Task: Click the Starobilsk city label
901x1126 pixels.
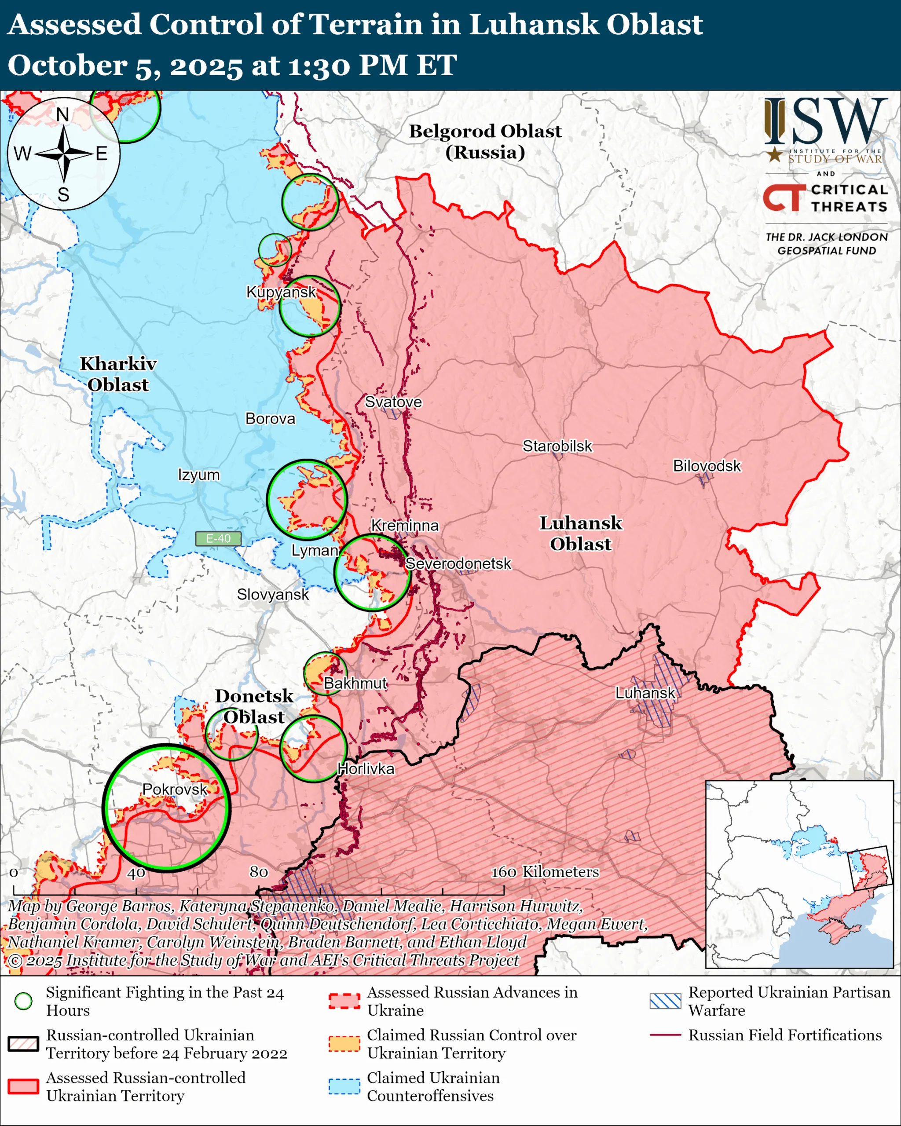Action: coord(557,446)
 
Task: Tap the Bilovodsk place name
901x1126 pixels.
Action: coord(706,466)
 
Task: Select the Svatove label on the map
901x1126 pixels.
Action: coord(393,402)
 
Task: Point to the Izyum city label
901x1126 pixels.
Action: coord(198,475)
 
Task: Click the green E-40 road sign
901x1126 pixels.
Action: coord(218,538)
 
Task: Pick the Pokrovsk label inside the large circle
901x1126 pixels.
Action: coord(175,789)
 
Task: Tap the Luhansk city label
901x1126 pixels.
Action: coord(645,693)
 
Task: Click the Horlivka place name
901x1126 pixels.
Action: coord(366,769)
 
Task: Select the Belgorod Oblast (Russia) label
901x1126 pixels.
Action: coord(485,142)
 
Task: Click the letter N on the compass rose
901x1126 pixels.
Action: coord(62,114)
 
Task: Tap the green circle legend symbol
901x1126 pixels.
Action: coord(23,1001)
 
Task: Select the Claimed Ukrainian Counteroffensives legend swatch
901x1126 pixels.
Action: coord(344,1086)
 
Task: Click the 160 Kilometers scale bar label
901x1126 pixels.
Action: coord(544,872)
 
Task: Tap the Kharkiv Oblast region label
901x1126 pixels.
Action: coord(118,374)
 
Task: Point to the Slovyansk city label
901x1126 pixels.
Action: coord(273,594)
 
